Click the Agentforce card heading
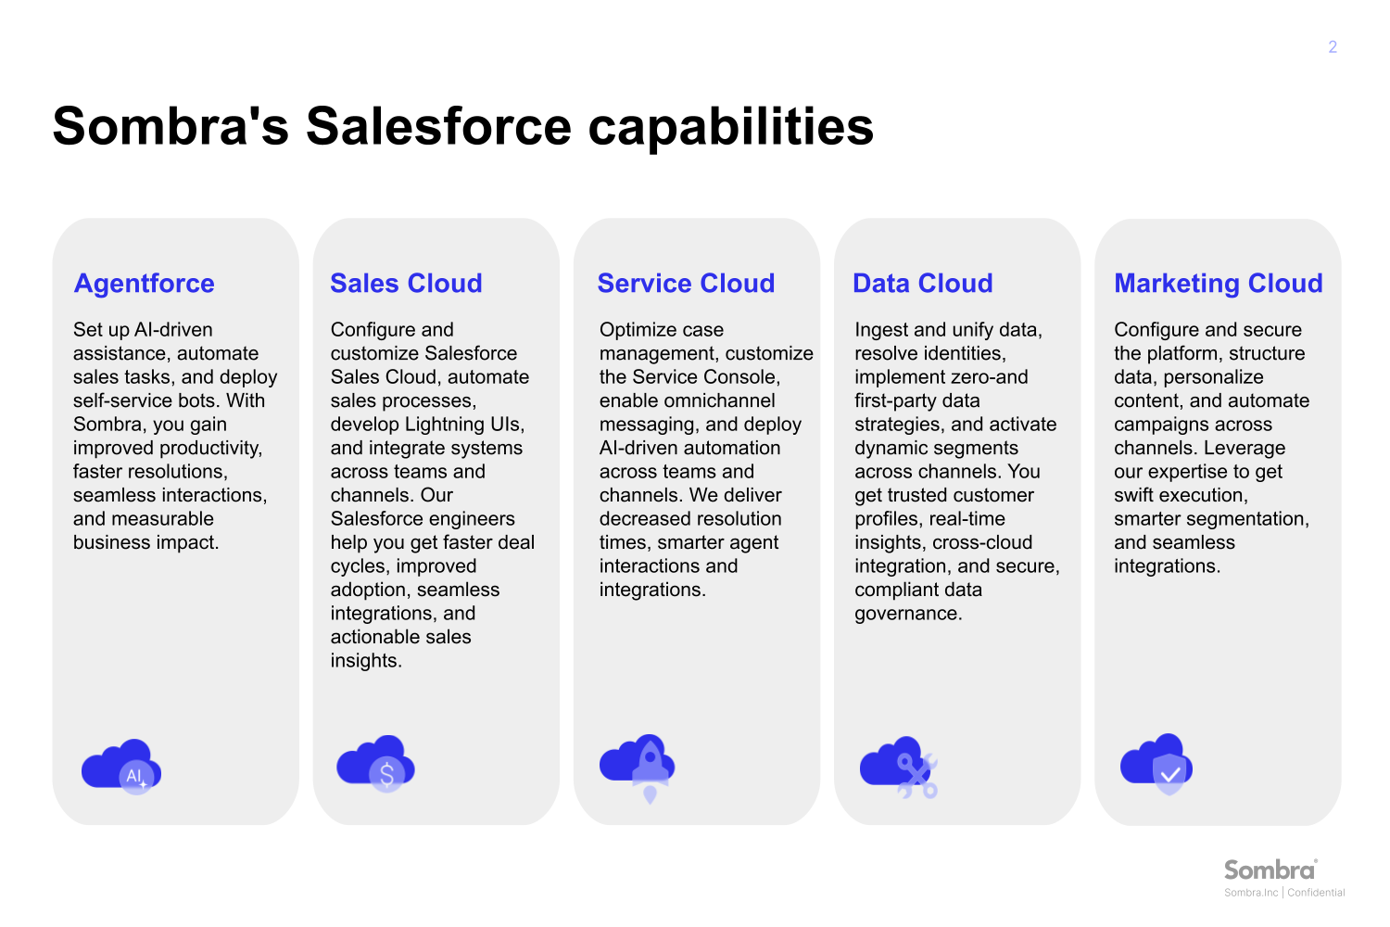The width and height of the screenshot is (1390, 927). click(x=145, y=284)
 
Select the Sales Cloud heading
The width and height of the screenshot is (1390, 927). click(x=406, y=284)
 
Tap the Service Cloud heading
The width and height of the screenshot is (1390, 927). click(x=686, y=284)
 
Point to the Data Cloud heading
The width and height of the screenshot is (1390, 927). click(x=922, y=284)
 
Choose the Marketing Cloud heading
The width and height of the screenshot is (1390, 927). click(x=1218, y=284)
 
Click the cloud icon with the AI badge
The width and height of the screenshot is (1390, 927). click(x=121, y=767)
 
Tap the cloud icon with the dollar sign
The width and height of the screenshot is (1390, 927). click(x=375, y=763)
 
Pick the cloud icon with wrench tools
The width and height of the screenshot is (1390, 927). click(x=899, y=767)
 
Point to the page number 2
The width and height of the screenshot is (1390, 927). click(x=1333, y=47)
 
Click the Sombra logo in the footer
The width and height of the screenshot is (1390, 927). click(x=1270, y=870)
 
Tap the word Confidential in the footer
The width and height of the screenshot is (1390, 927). click(x=1316, y=893)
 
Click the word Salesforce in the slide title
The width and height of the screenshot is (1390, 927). click(x=438, y=126)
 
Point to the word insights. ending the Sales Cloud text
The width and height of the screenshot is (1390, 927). click(x=366, y=661)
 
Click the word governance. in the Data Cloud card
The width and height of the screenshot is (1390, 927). click(x=908, y=614)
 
